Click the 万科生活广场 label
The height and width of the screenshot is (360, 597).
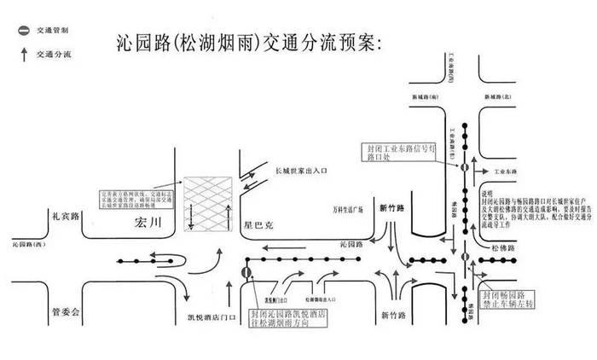tap(349, 208)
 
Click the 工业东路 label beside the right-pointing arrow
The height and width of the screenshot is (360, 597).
tap(506, 171)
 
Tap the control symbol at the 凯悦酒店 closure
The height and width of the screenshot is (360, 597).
tap(246, 273)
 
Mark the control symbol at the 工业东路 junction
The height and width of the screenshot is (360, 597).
tap(465, 168)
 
